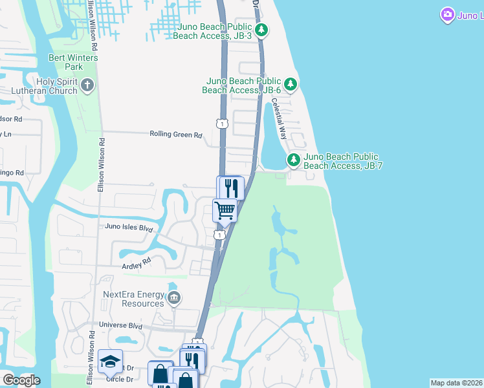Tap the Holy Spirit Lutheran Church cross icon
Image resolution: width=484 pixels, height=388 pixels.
point(88,84)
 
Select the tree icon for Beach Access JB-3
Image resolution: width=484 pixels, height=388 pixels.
point(261,30)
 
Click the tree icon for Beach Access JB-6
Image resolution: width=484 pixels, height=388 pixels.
point(291,84)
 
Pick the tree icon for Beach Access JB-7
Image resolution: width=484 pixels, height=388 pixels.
point(294,159)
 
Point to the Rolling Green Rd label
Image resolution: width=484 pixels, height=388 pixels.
point(176,135)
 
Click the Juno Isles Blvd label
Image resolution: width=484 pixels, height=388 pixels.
point(129,228)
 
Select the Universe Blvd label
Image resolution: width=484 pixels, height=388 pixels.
point(120,326)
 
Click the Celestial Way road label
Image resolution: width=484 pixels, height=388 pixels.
point(279,118)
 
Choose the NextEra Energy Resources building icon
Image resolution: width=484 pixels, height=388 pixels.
point(173,297)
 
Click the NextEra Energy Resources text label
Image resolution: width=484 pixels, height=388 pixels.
point(134,299)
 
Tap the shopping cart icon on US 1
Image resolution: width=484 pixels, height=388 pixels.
point(225,209)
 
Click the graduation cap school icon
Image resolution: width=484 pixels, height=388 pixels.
point(110,361)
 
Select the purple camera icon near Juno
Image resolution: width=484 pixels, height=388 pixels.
point(447,14)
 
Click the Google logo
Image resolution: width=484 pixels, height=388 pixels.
point(21,380)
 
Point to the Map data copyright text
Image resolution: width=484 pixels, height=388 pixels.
point(456,383)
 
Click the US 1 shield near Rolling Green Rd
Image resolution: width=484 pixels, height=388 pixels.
point(222,123)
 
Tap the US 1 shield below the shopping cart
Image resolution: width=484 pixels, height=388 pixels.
point(221,235)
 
